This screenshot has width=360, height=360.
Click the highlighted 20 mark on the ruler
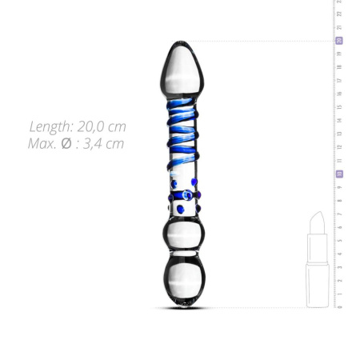339,41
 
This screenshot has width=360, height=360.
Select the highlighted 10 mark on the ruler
339,174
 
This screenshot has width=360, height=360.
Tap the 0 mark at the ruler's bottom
339,306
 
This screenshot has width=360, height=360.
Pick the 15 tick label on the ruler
339,107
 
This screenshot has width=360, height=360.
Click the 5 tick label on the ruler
339,240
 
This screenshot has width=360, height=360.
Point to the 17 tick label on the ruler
339,81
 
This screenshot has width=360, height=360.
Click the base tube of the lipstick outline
318,283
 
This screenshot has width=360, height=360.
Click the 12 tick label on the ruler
339,147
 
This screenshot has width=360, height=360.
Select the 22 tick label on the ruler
339,14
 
